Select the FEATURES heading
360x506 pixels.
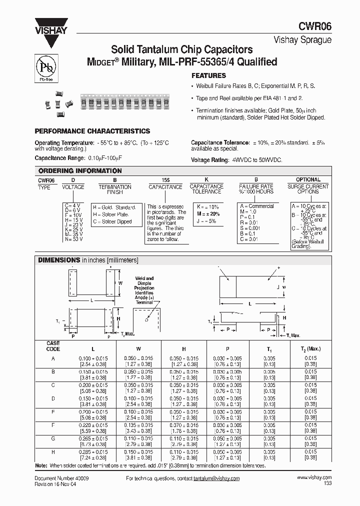[x=208, y=76]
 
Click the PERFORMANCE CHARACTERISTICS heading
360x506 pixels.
[x=92, y=131]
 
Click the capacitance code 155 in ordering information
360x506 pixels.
[x=165, y=179]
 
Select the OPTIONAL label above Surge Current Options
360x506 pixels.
[x=308, y=179]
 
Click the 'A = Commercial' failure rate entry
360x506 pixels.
[x=257, y=206]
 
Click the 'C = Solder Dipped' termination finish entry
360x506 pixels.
[x=112, y=221]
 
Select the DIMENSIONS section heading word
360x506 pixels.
[x=59, y=260]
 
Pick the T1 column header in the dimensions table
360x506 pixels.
[x=269, y=348]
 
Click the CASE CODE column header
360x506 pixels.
[x=53, y=346]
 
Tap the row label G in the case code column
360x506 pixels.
[x=53, y=438]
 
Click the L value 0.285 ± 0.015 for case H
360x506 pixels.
[x=93, y=451]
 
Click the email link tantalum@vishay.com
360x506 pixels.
[x=216, y=478]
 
